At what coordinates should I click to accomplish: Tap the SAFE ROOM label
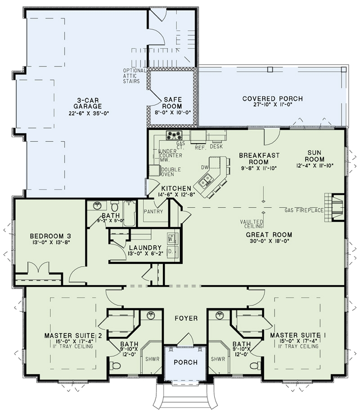[x=172, y=102]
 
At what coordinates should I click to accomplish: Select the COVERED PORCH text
[x=272, y=99]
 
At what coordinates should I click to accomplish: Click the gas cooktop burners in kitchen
[x=173, y=135]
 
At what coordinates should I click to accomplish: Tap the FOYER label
[x=186, y=318]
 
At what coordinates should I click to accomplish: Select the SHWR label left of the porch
[x=150, y=359]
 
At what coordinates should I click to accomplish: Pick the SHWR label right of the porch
[x=218, y=359]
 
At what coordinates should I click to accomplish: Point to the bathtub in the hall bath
[x=130, y=213]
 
